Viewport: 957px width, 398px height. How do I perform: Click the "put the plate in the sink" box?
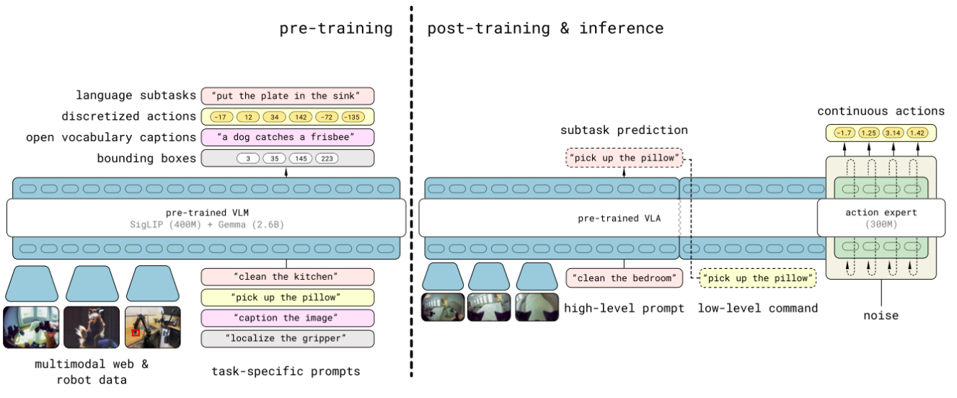288,96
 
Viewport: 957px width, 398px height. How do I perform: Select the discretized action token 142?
301,117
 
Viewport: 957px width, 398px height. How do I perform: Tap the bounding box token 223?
327,159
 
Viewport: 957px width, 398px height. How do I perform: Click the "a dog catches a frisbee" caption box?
288,137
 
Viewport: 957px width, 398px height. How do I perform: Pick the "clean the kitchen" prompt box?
288,277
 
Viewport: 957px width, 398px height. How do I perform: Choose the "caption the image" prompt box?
288,318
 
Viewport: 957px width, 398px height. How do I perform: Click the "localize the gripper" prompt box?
288,339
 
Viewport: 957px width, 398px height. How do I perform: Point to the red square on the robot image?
136,332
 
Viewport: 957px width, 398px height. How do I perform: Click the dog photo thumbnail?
92,327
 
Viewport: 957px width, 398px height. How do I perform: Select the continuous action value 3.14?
893,133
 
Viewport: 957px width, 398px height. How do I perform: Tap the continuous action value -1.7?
844,133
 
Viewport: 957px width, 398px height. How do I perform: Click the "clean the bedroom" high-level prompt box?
625,278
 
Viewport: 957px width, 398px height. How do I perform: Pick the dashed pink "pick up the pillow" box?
625,158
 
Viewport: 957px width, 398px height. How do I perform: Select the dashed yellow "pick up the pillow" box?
757,278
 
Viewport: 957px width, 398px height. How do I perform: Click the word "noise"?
881,316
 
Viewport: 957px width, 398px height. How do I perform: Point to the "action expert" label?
881,212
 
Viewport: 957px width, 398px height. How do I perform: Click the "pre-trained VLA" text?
619,218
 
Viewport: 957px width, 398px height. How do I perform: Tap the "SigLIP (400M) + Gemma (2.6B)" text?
207,225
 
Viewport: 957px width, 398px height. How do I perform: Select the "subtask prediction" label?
624,131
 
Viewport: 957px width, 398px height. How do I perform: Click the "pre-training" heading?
336,29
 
